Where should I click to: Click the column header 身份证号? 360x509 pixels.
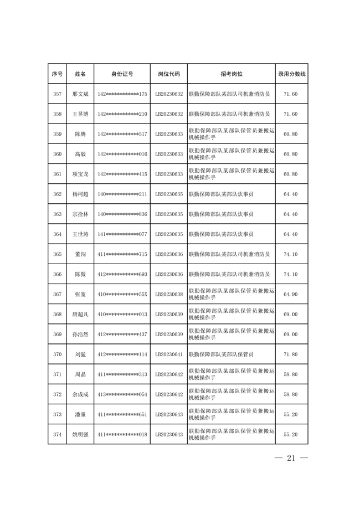[x=122, y=74]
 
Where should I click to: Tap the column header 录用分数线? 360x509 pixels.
[x=291, y=74]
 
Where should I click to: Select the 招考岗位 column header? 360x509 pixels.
[x=231, y=74]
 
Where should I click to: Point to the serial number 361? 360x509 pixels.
[x=57, y=174]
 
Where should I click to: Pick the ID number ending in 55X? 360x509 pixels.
[x=122, y=294]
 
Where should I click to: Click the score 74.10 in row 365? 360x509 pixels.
[x=291, y=254]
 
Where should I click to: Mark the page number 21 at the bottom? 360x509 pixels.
[x=291, y=459]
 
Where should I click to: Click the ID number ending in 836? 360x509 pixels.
[x=122, y=214]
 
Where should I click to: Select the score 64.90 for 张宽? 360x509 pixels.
[x=291, y=294]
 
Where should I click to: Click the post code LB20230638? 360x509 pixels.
[x=169, y=294]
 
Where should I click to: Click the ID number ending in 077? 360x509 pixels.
[x=122, y=234]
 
